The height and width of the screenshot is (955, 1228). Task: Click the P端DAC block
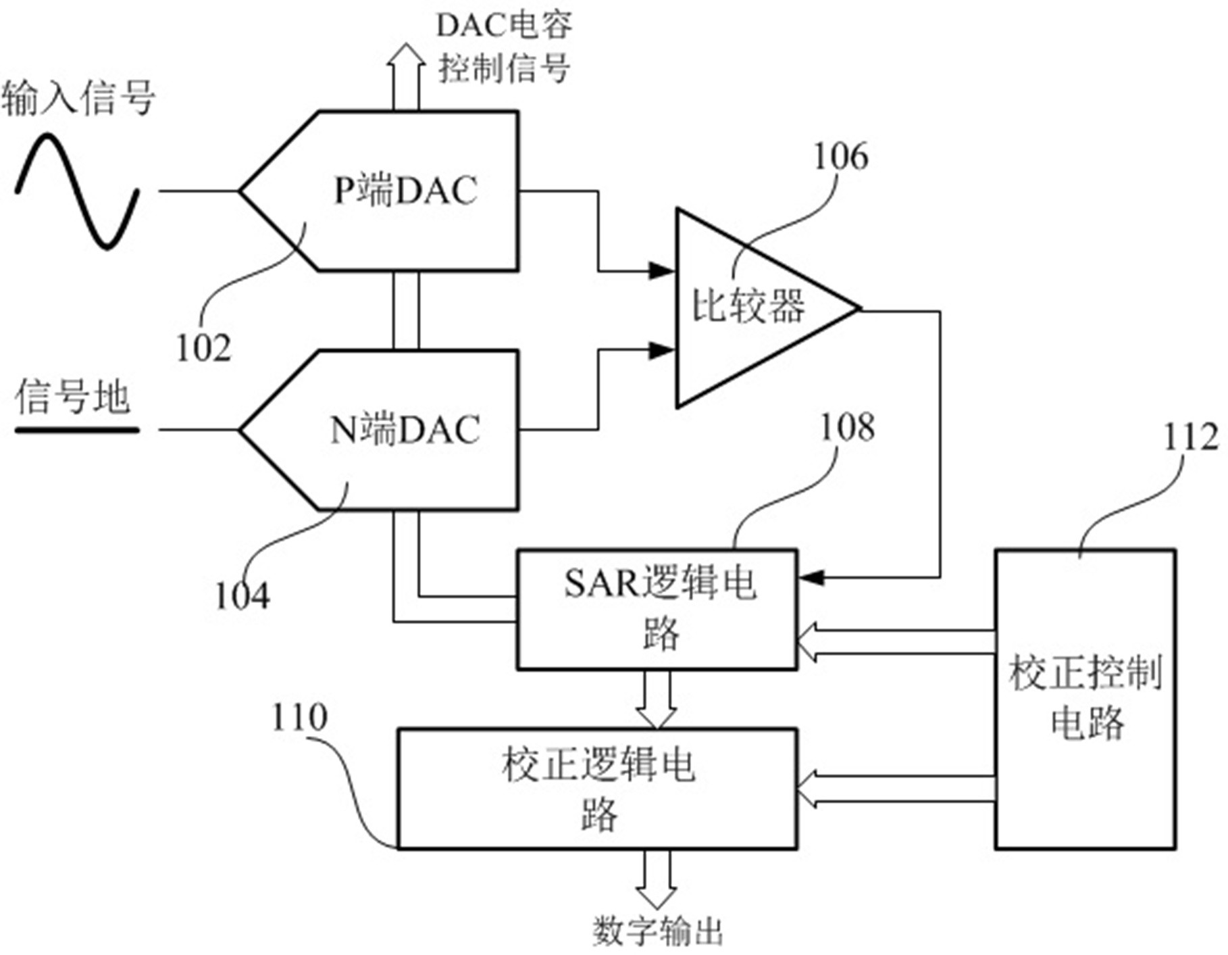(405, 191)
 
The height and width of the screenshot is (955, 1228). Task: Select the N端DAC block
(405, 430)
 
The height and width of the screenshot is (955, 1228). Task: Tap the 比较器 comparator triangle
(750, 308)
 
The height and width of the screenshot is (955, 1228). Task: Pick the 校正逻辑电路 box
(597, 789)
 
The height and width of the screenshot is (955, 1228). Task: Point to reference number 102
(203, 349)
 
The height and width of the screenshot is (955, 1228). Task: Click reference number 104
(242, 596)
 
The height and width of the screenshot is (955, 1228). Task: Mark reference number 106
(840, 157)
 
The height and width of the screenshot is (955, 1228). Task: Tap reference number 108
(847, 427)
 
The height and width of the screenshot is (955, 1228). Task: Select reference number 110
(299, 717)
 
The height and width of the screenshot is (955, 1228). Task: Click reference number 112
(1190, 437)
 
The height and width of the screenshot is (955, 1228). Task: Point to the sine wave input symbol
(77, 191)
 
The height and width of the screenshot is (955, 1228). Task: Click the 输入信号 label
(78, 98)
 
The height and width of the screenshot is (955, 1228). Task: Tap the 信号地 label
(73, 397)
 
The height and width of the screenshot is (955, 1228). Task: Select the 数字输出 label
(658, 932)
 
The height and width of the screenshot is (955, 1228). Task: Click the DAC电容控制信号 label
(504, 47)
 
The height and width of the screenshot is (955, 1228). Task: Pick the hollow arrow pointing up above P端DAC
(406, 74)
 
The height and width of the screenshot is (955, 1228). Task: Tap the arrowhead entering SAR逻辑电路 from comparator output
(811, 578)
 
